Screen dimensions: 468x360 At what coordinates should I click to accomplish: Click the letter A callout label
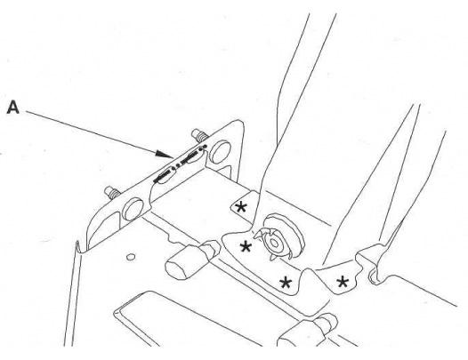(12, 108)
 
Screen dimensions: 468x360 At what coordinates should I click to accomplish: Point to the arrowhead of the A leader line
(165, 154)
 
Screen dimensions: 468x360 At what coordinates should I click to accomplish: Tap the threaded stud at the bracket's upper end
(199, 135)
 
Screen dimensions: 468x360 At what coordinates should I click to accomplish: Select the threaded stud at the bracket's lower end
(112, 192)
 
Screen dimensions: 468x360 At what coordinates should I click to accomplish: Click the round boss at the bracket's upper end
(220, 152)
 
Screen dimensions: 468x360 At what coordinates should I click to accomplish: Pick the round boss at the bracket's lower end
(133, 209)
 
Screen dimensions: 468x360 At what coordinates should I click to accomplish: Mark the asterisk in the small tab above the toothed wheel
(241, 207)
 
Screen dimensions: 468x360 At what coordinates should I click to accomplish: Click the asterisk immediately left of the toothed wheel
(246, 247)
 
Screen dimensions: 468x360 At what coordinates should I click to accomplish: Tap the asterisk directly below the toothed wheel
(286, 282)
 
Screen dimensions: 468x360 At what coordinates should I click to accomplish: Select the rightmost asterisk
(343, 282)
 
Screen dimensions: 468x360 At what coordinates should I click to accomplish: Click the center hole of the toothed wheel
(274, 244)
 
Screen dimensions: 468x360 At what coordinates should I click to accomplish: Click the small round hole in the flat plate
(131, 257)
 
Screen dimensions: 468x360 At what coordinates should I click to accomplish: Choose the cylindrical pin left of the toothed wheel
(191, 260)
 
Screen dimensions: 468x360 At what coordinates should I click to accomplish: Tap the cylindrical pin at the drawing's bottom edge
(308, 331)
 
